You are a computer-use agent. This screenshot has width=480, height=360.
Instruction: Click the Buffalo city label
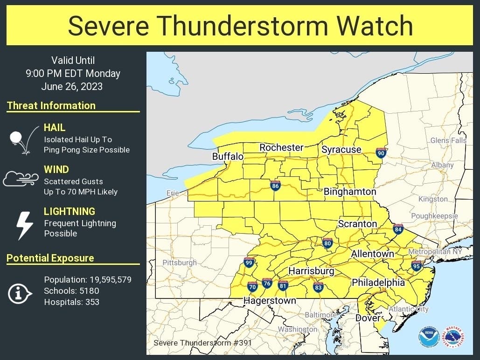point(228,157)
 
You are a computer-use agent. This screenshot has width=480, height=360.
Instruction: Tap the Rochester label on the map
point(281,147)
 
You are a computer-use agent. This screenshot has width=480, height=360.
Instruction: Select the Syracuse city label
point(341,150)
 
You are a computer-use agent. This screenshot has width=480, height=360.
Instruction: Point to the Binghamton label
point(350,192)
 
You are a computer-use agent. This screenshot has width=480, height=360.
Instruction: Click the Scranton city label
point(357,224)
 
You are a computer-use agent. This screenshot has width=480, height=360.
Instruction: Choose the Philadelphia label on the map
point(378,283)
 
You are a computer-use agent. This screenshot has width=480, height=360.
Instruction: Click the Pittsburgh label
point(180,263)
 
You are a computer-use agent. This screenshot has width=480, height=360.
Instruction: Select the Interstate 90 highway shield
point(381,152)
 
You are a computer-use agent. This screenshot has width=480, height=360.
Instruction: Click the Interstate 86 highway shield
point(275,186)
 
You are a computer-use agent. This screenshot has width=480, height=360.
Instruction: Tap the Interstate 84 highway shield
point(398,229)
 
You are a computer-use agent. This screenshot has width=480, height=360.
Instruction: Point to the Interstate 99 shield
point(249,263)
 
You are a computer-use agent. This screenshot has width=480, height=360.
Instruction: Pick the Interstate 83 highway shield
point(318,286)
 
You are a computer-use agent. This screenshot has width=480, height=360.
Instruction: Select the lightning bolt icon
point(24,225)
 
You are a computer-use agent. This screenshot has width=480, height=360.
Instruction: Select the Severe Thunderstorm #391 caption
point(203,343)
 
